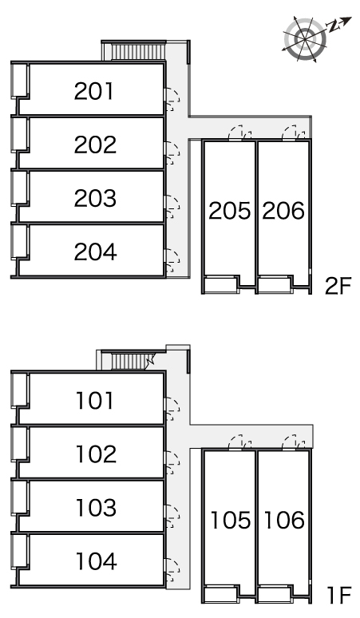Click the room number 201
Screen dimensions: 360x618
(x=93, y=91)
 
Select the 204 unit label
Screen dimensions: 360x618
(x=95, y=252)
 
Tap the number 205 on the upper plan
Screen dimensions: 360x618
(x=230, y=211)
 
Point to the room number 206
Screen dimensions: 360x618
(x=283, y=211)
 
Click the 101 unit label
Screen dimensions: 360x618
(x=94, y=401)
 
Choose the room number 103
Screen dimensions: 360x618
(x=96, y=508)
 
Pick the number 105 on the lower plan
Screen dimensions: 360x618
(x=231, y=520)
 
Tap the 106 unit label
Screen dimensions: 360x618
(x=284, y=520)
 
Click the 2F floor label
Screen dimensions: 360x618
(x=338, y=286)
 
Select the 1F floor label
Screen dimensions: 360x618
(x=339, y=595)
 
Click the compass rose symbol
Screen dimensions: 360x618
(x=306, y=38)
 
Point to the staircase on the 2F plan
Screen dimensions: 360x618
(x=138, y=52)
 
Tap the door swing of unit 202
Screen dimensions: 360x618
(x=172, y=153)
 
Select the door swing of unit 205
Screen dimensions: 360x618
(x=240, y=133)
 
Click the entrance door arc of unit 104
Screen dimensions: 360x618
(x=172, y=570)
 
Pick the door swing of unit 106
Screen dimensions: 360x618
(x=294, y=442)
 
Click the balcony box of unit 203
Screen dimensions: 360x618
(x=18, y=188)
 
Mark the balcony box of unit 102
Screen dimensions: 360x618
(x=18, y=444)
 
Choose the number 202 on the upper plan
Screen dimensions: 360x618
(x=95, y=145)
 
